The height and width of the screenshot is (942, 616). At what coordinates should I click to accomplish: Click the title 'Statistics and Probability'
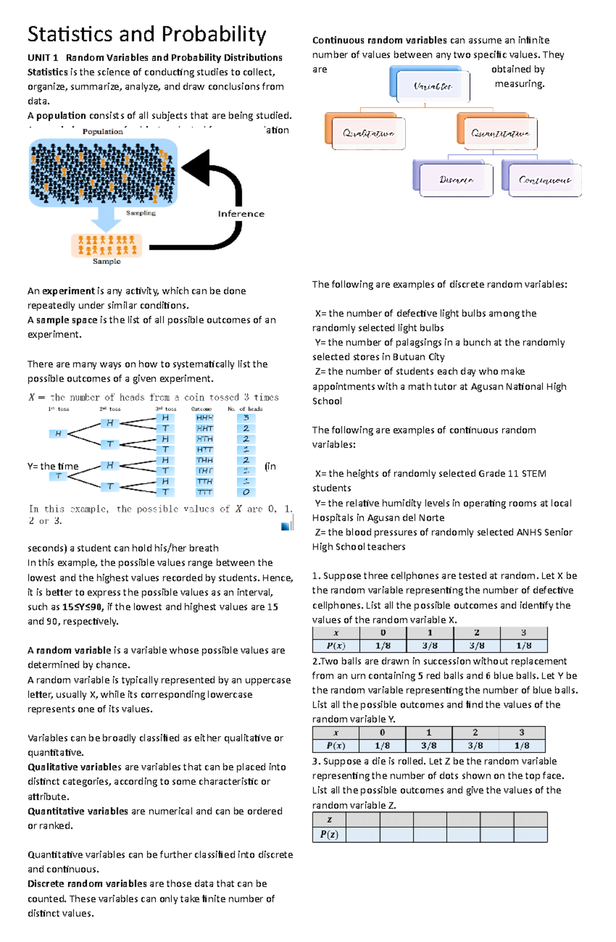[147, 34]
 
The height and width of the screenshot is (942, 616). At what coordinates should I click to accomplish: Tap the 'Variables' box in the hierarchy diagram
[432, 86]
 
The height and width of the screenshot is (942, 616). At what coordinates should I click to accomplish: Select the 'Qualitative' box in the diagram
[368, 133]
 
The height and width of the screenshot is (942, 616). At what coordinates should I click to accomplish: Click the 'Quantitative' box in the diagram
[500, 133]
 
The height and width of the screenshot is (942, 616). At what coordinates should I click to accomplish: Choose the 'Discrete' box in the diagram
[456, 180]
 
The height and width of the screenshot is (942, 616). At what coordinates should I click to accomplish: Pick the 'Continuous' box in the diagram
[544, 180]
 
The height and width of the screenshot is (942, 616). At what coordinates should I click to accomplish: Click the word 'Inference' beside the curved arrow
[241, 214]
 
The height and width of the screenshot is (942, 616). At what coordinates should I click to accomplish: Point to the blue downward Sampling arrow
[106, 218]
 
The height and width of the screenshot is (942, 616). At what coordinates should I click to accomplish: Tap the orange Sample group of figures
[107, 245]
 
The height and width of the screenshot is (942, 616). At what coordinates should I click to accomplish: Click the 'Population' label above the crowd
[103, 131]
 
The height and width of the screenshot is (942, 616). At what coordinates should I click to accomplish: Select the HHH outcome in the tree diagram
[204, 418]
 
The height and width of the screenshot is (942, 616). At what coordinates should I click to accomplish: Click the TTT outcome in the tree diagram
[204, 492]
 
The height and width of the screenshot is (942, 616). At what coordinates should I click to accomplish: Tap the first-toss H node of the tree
[58, 434]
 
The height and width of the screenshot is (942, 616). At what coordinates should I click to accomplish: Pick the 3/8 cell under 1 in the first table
[430, 646]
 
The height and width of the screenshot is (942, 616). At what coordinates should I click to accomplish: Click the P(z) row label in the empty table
[329, 834]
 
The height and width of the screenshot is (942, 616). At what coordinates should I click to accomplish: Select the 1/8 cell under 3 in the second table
[522, 745]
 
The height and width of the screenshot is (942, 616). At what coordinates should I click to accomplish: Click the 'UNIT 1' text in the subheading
[43, 57]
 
